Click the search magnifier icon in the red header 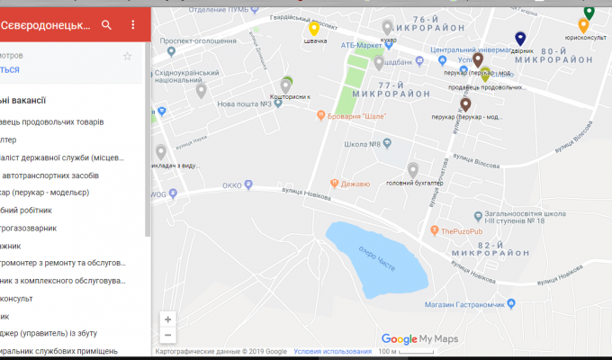107,25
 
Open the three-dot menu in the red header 133,25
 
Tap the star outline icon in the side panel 127,56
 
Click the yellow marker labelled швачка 314,29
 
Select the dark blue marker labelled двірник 520,39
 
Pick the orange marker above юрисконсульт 583,25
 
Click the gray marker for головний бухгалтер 412,170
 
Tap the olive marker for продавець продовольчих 485,75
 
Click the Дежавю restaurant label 354,184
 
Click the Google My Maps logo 419,339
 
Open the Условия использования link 332,351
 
